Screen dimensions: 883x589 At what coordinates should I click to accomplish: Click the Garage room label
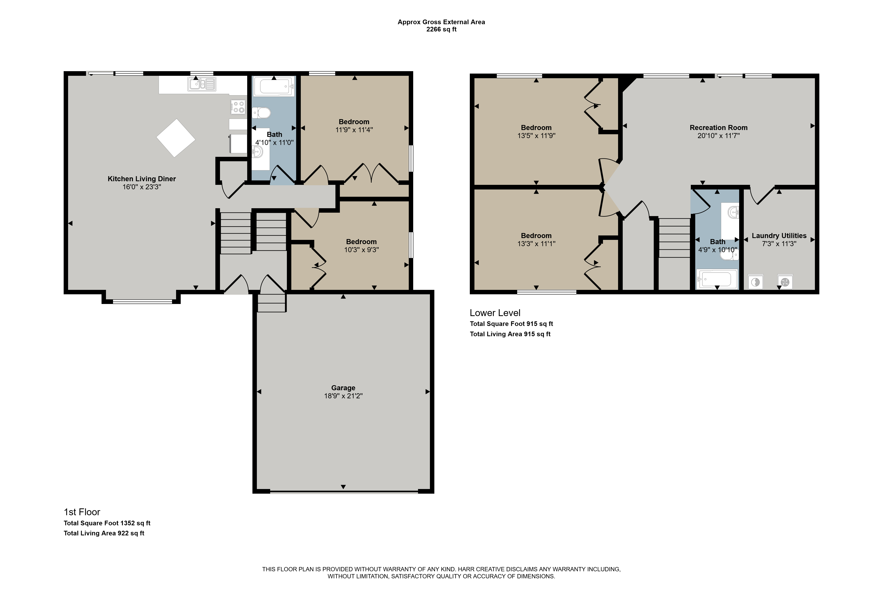click(343, 388)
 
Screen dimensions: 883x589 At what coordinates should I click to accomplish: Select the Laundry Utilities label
click(779, 235)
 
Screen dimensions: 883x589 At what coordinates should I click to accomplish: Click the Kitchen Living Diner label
click(142, 179)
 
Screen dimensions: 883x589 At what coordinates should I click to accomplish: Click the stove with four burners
click(238, 106)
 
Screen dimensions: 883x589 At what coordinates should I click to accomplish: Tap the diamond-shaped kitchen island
click(176, 138)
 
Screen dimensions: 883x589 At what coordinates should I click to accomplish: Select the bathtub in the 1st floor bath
click(274, 86)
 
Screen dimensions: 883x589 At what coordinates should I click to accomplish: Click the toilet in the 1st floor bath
click(261, 112)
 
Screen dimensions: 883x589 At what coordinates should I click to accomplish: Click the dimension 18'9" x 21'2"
click(343, 396)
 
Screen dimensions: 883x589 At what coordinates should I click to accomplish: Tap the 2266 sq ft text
click(442, 29)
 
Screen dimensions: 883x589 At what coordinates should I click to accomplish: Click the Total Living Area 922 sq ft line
click(104, 533)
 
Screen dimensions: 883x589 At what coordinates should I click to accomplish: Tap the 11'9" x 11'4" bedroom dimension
click(354, 130)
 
